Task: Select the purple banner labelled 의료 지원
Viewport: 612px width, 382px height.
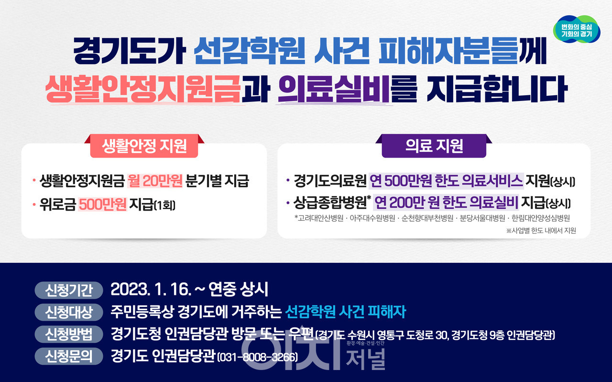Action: (434, 146)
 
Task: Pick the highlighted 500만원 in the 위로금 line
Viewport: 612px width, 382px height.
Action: (102, 204)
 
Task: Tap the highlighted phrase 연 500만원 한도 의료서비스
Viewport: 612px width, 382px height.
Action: (447, 181)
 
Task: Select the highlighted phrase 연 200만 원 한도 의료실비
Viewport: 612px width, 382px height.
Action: (446, 203)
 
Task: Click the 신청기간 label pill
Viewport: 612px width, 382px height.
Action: (69, 290)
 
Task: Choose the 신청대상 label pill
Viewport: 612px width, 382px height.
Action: (69, 312)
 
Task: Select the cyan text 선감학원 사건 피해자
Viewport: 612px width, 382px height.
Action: (345, 312)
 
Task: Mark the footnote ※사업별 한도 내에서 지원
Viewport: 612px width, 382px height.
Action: (541, 231)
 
